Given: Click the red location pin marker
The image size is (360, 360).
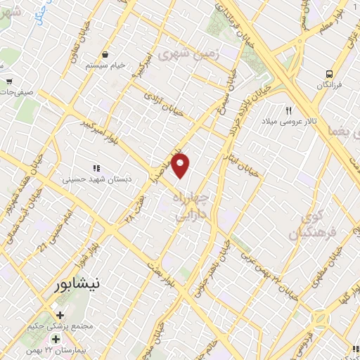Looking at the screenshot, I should pos(181,165).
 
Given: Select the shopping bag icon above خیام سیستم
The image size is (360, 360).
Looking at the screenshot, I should pos(105,54).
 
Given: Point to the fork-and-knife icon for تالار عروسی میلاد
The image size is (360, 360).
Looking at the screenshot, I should pos(288,110).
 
